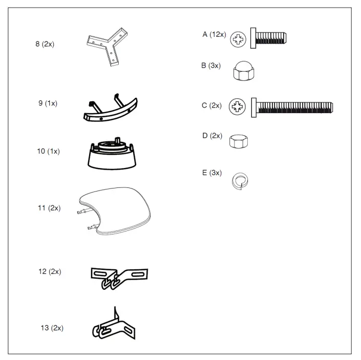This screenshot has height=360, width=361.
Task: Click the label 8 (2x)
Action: [45, 45]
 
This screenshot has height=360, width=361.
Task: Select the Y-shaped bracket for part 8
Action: [107, 46]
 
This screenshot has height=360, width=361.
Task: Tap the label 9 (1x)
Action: [48, 103]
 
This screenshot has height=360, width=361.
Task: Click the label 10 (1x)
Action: [48, 152]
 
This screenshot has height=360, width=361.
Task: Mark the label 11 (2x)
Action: [49, 208]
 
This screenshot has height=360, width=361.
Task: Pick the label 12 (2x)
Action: [50, 271]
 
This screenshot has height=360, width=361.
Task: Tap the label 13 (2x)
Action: [52, 328]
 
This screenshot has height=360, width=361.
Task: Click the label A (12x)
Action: [214, 34]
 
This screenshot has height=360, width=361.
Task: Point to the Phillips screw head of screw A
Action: [238, 38]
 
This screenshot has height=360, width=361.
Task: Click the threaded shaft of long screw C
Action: [294, 108]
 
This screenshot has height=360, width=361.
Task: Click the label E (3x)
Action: [212, 173]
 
